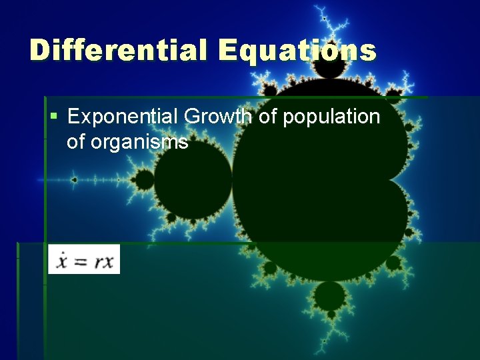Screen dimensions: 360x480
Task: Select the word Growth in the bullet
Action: tap(217, 117)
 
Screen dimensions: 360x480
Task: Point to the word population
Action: tap(331, 117)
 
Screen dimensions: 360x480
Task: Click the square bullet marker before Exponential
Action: tap(54, 117)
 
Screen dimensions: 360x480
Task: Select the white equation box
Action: tap(84, 259)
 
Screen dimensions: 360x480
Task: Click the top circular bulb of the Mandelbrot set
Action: tap(329, 63)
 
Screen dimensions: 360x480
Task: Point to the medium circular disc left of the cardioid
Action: tap(193, 179)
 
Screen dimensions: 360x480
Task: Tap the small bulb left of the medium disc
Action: tap(144, 179)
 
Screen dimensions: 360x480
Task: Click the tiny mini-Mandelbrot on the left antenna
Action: tap(74, 179)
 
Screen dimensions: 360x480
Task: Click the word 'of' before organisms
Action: tap(79, 142)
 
